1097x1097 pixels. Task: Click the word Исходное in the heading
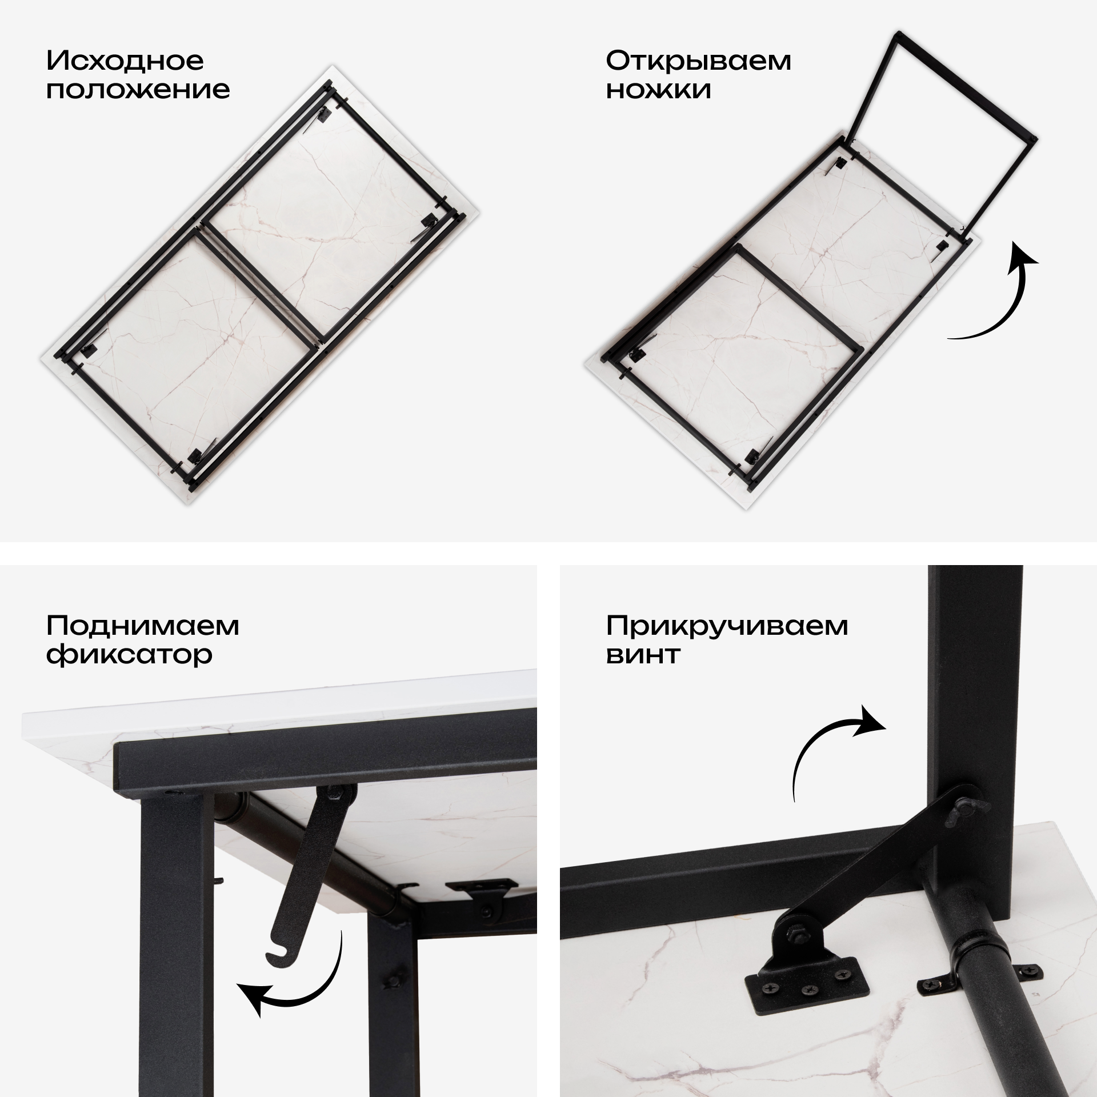pyautogui.click(x=125, y=61)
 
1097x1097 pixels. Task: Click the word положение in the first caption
pyautogui.click(x=138, y=90)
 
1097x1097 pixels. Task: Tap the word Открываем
pyautogui.click(x=699, y=62)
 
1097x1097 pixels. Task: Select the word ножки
pyautogui.click(x=659, y=90)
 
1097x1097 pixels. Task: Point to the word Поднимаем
pyautogui.click(x=143, y=626)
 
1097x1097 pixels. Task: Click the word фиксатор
pyautogui.click(x=129, y=655)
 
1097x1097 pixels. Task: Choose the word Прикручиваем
pyautogui.click(x=727, y=626)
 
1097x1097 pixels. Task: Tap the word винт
pyautogui.click(x=643, y=655)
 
